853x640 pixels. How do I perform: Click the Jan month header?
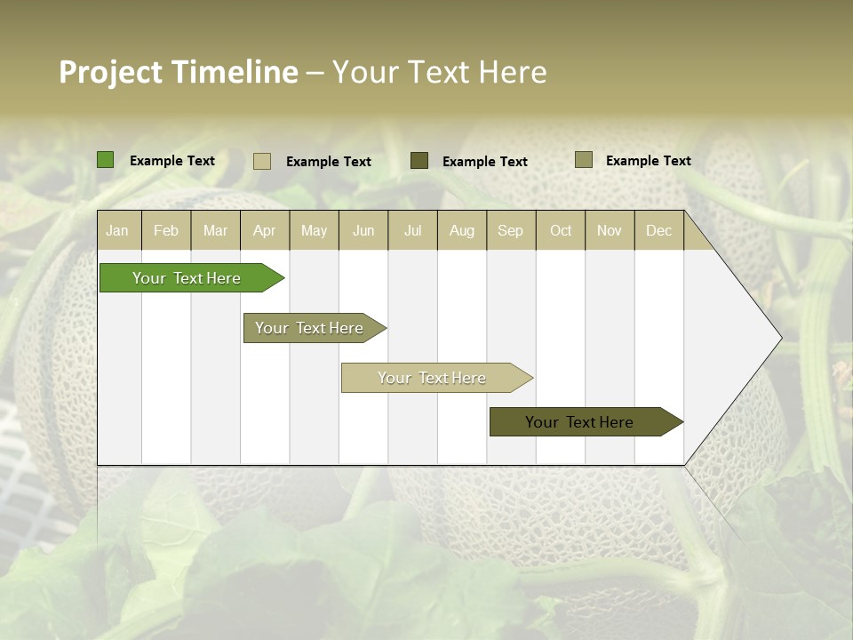coord(117,231)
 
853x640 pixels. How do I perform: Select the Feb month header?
coord(166,231)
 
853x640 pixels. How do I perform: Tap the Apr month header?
coord(265,231)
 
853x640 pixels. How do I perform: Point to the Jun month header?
coord(363,231)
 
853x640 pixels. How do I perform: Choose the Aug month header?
coord(462,231)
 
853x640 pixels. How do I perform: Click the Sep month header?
coord(511,231)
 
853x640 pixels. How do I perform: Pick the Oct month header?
coord(561,231)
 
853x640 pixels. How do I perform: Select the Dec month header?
coord(659,231)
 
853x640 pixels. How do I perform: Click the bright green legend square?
coord(106,160)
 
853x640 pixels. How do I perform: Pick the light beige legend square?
coord(262,161)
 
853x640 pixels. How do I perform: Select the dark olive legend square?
coord(419,160)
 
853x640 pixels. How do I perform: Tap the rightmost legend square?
coord(584,160)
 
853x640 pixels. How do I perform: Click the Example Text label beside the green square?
coord(172,161)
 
